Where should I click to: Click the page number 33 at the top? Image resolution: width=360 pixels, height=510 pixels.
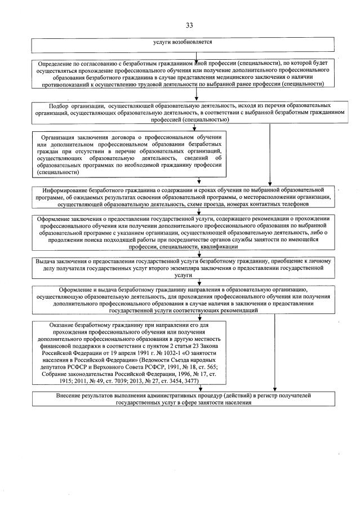(189, 24)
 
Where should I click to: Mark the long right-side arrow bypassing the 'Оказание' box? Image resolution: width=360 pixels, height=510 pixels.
(275, 349)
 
